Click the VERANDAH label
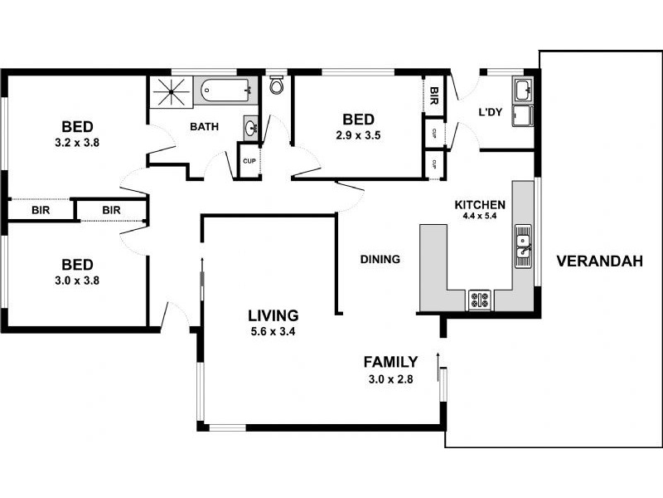tap(599, 261)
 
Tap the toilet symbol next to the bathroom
tap(277, 85)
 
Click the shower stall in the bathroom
tap(170, 90)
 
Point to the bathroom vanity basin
tap(249, 128)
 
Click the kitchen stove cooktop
tap(480, 299)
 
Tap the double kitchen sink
tap(523, 245)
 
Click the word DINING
tap(380, 259)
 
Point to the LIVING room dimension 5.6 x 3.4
tap(273, 331)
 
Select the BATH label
tap(204, 127)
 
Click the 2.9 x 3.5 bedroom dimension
tap(358, 134)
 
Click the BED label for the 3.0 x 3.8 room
tap(76, 265)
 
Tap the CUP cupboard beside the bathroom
tap(249, 161)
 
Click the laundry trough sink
tap(523, 90)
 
